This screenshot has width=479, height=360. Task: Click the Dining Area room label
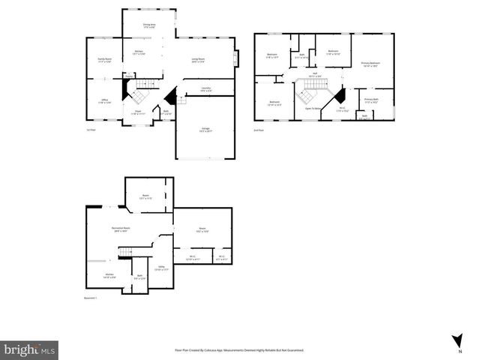pyautogui.click(x=149, y=26)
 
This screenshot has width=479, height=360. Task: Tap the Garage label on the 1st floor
pyautogui.click(x=205, y=129)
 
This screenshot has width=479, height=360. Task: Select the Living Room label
pyautogui.click(x=198, y=60)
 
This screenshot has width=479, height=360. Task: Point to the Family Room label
pyautogui.click(x=104, y=60)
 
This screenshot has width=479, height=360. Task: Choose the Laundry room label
pyautogui.click(x=205, y=89)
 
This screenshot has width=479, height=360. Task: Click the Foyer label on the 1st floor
pyautogui.click(x=138, y=112)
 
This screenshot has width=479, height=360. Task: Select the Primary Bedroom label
pyautogui.click(x=370, y=64)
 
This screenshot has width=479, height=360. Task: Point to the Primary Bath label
pyautogui.click(x=371, y=100)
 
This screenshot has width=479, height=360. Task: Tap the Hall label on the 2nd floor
pyautogui.click(x=316, y=74)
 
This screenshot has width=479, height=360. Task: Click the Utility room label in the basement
pyautogui.click(x=161, y=267)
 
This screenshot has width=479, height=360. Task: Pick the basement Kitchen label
pyautogui.click(x=109, y=275)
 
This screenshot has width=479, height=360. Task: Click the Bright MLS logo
pyautogui.click(x=29, y=349)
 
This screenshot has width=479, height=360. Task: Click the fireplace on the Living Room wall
pyautogui.click(x=236, y=58)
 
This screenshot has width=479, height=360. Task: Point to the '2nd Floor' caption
pyautogui.click(x=259, y=130)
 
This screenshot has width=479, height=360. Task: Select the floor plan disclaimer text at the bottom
pyautogui.click(x=239, y=350)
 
